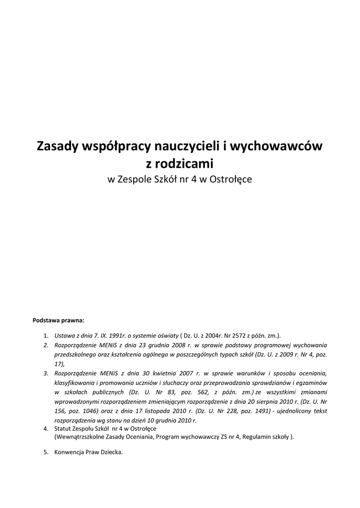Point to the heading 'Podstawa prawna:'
[58, 320]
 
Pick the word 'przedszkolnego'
[74, 354]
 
